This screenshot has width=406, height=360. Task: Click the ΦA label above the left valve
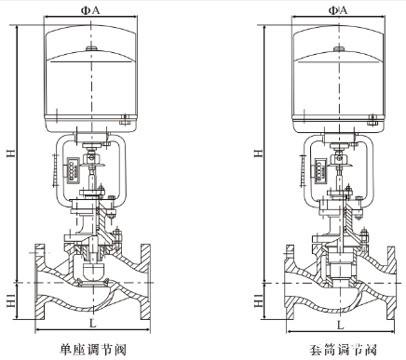coord(90,10)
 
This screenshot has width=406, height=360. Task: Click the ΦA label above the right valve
coord(338,10)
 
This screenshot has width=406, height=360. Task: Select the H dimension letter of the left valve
coord(11,153)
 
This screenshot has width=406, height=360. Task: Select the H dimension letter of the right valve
coord(259,153)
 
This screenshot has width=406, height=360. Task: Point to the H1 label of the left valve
coord(11,300)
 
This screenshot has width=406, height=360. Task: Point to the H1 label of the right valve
coord(259,300)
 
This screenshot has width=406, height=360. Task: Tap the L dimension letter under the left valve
coord(93,324)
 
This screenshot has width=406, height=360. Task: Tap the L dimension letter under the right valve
coord(341,325)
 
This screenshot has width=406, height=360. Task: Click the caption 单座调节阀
coord(93,350)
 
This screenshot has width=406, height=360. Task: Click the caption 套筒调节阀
coord(343,350)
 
